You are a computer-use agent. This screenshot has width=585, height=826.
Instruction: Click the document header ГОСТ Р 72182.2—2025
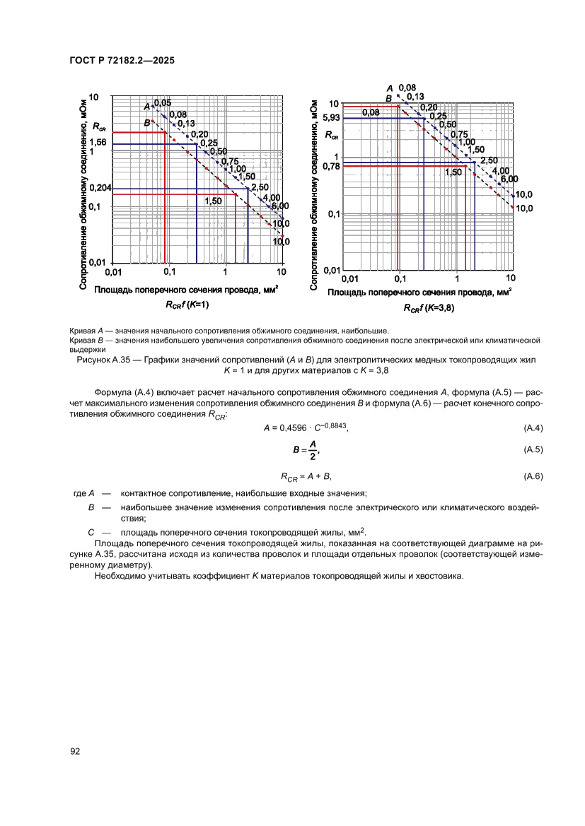[122, 61]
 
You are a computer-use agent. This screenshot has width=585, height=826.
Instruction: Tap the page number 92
[76, 751]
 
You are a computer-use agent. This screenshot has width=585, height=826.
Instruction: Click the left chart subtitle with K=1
[187, 305]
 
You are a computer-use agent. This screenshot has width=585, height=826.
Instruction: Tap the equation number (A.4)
[532, 428]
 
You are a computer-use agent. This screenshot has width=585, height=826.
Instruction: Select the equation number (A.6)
[532, 477]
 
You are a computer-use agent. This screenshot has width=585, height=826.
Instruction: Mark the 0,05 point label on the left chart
[163, 103]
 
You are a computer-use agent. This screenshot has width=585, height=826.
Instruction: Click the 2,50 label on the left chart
[259, 187]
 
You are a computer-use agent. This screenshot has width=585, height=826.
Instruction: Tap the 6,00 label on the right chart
[509, 179]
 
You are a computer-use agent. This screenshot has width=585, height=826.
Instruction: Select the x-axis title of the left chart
[187, 290]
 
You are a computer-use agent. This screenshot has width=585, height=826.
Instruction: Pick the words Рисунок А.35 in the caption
[100, 360]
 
